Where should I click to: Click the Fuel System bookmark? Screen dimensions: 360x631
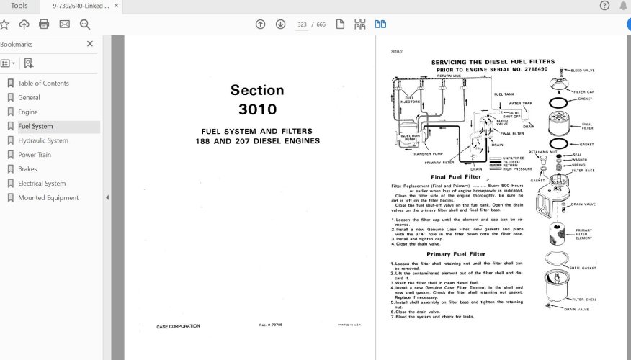[x=35, y=127]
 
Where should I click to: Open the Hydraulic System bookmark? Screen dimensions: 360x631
[x=42, y=141]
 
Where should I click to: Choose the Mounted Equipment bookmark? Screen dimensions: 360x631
[x=48, y=198]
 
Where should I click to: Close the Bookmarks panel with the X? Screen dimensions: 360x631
[x=90, y=44]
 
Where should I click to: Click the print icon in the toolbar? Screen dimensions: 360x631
[x=44, y=24]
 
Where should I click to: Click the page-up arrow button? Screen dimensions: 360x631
[x=261, y=24]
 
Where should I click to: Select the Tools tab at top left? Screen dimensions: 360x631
[x=19, y=6]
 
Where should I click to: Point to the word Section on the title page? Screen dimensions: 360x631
[x=257, y=91]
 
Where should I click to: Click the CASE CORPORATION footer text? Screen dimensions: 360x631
[x=178, y=326]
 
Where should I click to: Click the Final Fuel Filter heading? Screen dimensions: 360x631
[x=455, y=176]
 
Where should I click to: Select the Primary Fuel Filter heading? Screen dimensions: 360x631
[x=455, y=254]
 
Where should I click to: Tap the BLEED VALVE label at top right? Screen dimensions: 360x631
[x=583, y=71]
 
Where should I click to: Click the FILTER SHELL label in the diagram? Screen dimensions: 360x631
[x=585, y=299]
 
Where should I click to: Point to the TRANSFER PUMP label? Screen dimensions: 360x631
[x=426, y=153]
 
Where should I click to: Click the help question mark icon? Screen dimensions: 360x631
[x=604, y=6]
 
